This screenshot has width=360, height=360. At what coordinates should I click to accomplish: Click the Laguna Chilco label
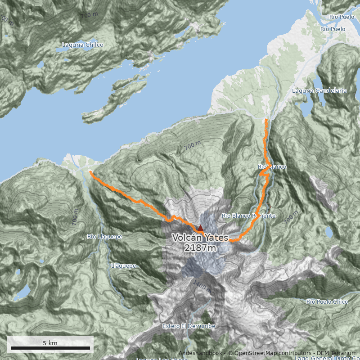click(82, 45)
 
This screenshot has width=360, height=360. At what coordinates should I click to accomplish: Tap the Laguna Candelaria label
click(319, 90)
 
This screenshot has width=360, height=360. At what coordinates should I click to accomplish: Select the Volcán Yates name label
click(200, 238)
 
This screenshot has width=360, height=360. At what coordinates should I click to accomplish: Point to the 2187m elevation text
click(200, 247)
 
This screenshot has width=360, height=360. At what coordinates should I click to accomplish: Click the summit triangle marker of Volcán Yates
click(200, 228)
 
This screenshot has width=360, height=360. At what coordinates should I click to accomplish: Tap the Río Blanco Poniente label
click(248, 216)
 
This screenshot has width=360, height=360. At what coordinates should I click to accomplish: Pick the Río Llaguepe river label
click(104, 236)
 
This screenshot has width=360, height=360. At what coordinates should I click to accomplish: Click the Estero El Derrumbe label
click(189, 326)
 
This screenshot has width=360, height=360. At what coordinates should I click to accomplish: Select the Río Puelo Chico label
click(327, 301)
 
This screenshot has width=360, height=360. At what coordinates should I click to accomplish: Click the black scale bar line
click(50, 348)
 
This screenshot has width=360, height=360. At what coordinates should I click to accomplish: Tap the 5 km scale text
click(50, 343)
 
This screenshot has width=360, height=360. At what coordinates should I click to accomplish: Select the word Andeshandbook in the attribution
click(200, 353)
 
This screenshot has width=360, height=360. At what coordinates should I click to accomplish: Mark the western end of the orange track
click(90, 172)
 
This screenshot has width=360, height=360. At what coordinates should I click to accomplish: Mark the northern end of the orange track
click(266, 120)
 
